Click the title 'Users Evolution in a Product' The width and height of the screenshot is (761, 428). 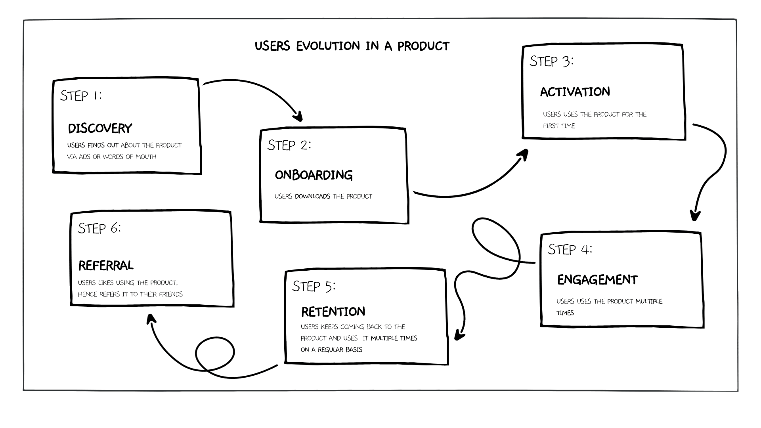pyautogui.click(x=352, y=46)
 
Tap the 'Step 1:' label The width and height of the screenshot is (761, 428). pyautogui.click(x=81, y=96)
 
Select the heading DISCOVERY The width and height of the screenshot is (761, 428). pyautogui.click(x=100, y=128)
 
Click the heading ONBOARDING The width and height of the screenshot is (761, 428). pyautogui.click(x=314, y=175)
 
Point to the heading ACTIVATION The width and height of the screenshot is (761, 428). pyautogui.click(x=575, y=92)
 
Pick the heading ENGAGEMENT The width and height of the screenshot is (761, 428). pyautogui.click(x=597, y=280)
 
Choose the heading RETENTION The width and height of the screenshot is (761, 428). pyautogui.click(x=333, y=312)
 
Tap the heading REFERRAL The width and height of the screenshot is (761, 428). pyautogui.click(x=106, y=266)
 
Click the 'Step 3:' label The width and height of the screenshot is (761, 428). pyautogui.click(x=551, y=61)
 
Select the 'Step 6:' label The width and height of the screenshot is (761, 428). pyautogui.click(x=99, y=228)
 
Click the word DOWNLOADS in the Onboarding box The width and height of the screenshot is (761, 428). pyautogui.click(x=312, y=196)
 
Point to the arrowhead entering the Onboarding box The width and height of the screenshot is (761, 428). pyautogui.click(x=298, y=116)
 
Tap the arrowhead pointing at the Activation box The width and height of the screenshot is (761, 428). pyautogui.click(x=524, y=154)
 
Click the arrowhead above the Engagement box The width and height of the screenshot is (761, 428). pyautogui.click(x=695, y=216)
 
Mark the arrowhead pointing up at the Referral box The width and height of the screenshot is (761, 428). pyautogui.click(x=151, y=319)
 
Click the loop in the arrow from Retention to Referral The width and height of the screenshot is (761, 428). pyautogui.click(x=214, y=353)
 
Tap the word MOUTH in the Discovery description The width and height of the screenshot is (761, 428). pyautogui.click(x=146, y=157)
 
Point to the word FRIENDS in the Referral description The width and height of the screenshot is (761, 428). pyautogui.click(x=171, y=294)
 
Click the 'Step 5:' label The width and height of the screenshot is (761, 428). pyautogui.click(x=314, y=286)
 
